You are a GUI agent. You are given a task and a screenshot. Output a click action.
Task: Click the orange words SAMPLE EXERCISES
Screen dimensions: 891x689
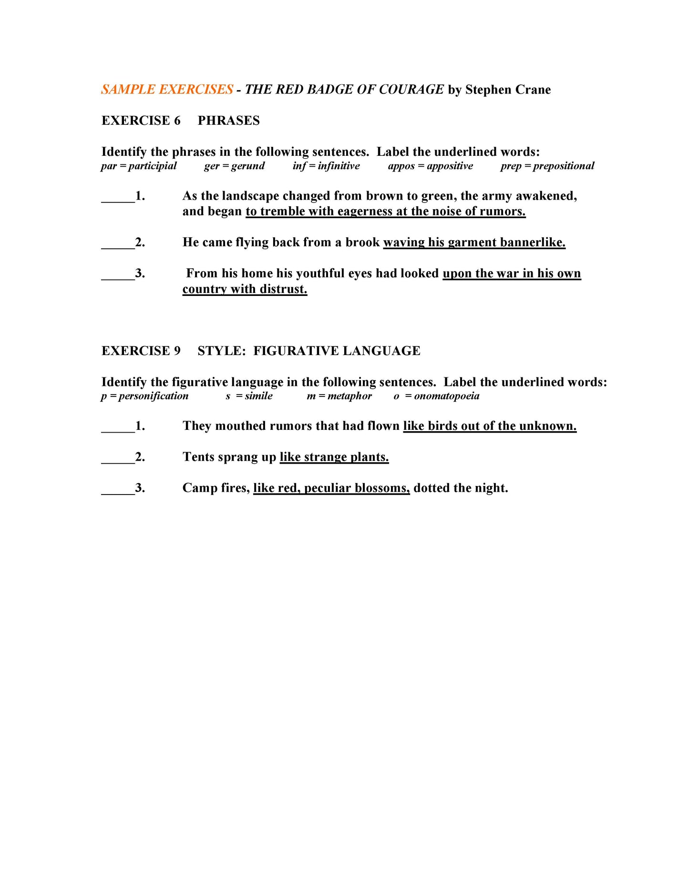167,90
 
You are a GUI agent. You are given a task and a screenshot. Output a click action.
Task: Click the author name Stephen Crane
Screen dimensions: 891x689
508,90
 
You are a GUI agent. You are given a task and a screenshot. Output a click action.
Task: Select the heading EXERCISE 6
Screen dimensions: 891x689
141,121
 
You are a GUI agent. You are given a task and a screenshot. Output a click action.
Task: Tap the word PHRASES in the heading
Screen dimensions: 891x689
229,121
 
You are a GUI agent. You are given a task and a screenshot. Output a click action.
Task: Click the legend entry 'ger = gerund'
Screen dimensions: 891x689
234,166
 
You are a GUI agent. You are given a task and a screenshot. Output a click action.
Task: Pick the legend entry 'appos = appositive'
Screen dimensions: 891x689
430,166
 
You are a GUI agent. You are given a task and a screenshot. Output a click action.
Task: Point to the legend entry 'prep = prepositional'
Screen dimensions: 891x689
547,166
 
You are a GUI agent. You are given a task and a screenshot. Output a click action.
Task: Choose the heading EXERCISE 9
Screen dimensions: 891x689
141,351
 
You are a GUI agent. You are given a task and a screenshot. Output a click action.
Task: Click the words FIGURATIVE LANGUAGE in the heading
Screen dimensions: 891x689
337,351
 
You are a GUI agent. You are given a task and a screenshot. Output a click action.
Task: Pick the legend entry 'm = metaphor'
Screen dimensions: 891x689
339,396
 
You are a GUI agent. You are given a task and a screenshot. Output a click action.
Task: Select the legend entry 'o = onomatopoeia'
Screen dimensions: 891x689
436,396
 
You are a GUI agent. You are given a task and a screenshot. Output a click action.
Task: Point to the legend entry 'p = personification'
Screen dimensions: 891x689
144,396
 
